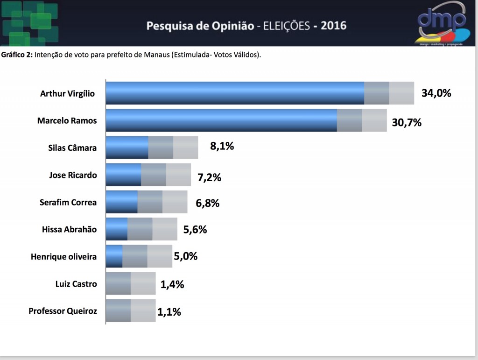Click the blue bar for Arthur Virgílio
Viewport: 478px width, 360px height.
[235, 93]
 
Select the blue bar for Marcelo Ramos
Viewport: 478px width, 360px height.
[221, 120]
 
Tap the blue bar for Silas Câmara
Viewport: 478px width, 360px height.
[127, 147]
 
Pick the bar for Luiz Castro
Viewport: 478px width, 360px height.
[131, 283]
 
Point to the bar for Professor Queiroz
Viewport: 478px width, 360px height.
[131, 311]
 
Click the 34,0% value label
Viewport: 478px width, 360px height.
[436, 93]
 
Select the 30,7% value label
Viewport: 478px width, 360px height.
[407, 122]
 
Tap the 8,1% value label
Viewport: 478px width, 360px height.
[222, 146]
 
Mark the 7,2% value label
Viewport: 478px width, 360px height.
[210, 177]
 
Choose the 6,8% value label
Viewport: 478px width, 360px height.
[207, 203]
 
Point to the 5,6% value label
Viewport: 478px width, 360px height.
[195, 229]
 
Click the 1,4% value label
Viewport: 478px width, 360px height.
[172, 284]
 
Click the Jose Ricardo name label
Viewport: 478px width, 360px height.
[73, 175]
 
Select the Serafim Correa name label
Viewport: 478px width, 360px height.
[68, 202]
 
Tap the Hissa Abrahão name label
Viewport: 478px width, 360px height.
[69, 229]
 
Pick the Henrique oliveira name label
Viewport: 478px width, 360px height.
[63, 257]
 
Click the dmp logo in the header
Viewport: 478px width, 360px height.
[442, 23]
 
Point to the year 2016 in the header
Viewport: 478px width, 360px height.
[333, 26]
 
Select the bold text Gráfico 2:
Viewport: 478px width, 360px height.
[17, 55]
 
